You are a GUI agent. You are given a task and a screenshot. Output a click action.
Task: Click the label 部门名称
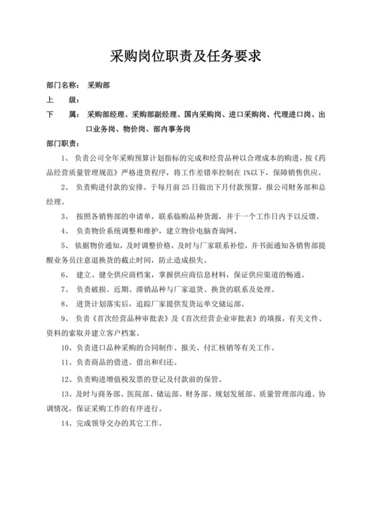click(64, 86)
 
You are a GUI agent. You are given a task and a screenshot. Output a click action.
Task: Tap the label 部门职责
click(64, 143)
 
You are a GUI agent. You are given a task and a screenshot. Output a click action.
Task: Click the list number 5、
click(66, 246)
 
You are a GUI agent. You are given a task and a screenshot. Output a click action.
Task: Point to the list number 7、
click(66, 290)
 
